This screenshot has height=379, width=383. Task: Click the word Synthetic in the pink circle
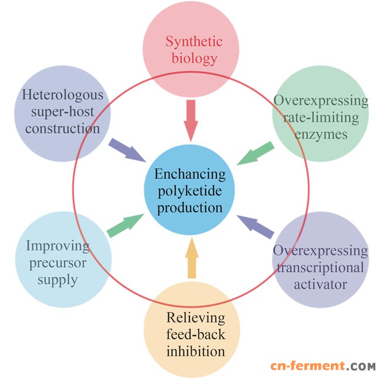191,42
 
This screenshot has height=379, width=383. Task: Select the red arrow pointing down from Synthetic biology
191,121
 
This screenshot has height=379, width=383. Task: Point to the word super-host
62,112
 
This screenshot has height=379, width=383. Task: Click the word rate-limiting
321,118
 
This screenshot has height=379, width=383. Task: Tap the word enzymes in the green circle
320,135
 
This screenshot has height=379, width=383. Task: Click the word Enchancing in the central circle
190,174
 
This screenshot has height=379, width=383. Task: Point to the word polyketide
190,191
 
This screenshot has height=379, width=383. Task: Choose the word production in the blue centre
190,208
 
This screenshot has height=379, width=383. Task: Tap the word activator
321,284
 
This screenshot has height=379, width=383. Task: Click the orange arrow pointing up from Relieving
191,258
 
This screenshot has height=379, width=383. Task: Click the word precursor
58,263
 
